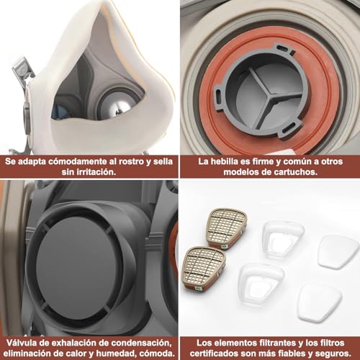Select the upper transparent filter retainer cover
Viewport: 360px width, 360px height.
point(283,238)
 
